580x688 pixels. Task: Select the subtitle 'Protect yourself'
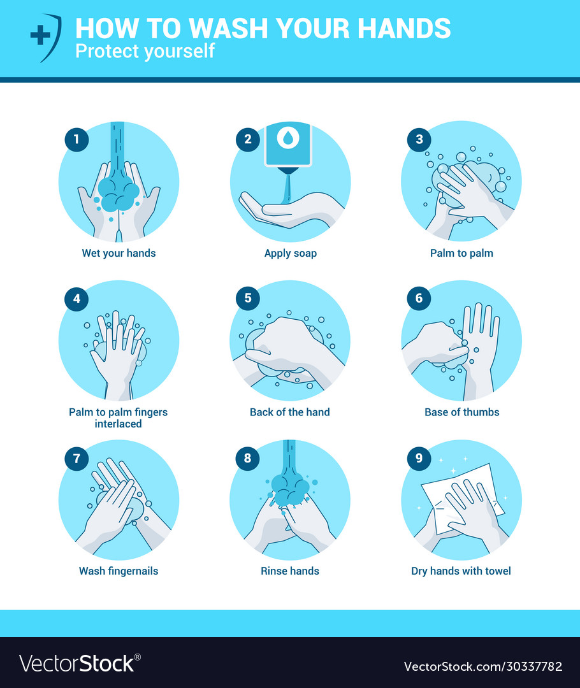[x=145, y=52]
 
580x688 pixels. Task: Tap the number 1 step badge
[x=76, y=140]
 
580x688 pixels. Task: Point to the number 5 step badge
[x=247, y=298]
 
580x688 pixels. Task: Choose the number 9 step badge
[x=419, y=457]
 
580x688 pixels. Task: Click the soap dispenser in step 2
[x=287, y=145]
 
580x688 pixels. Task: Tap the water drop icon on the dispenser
[x=288, y=138]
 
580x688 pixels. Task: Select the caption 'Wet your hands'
[x=119, y=253]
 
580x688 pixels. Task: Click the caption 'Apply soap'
[x=290, y=253]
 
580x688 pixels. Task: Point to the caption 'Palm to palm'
[x=461, y=253]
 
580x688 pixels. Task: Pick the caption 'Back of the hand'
[x=290, y=412]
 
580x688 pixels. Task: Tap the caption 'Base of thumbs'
[x=461, y=412]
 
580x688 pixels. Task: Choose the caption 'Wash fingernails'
[x=119, y=571]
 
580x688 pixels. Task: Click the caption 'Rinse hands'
[x=290, y=571]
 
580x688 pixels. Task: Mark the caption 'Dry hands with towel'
[x=461, y=571]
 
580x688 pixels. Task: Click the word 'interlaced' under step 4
[x=119, y=424]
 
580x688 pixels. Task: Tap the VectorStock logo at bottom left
[x=80, y=663]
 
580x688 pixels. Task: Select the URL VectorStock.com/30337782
[x=483, y=666]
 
